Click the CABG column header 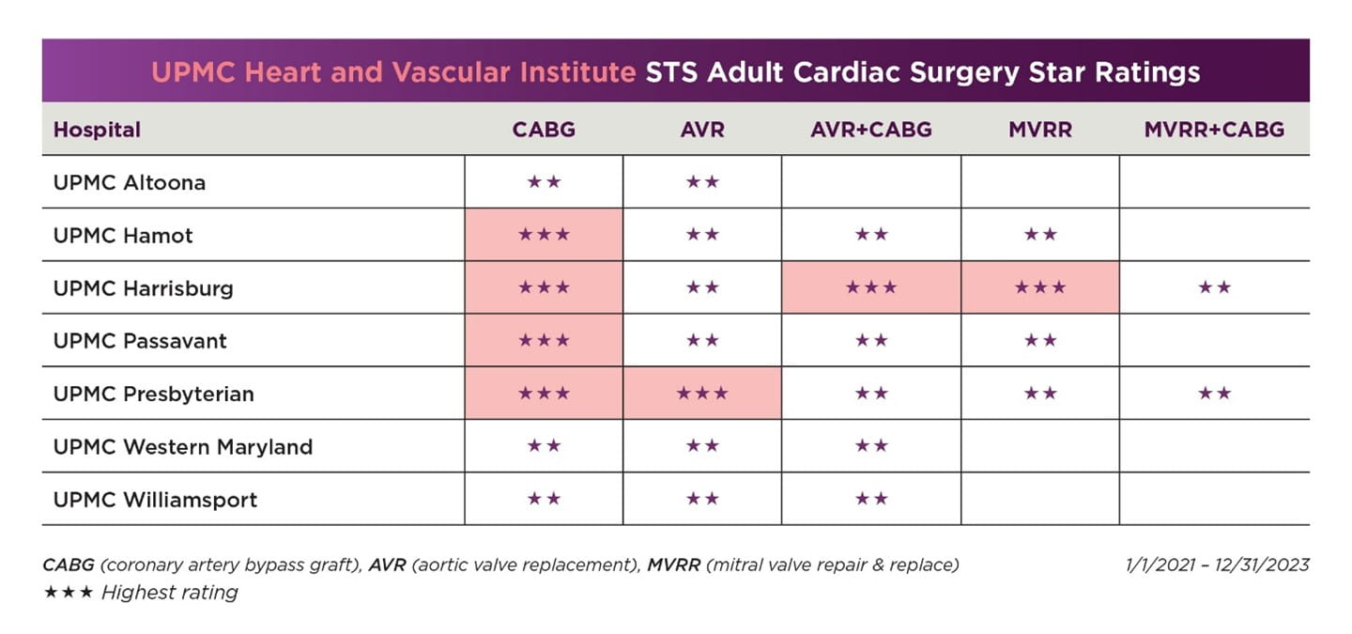(544, 130)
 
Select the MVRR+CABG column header (1213, 130)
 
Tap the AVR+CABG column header (870, 130)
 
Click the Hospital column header (97, 130)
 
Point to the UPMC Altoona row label (129, 182)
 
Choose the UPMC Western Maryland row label (182, 447)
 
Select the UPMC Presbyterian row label (153, 394)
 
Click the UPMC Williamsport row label (155, 500)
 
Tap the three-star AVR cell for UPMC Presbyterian (701, 394)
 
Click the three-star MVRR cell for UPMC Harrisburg (1039, 287)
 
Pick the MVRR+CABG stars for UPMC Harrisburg (1213, 287)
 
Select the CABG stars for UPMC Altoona (544, 182)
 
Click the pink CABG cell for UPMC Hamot (544, 235)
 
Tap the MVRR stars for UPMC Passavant (1039, 340)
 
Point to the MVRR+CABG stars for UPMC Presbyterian (1213, 394)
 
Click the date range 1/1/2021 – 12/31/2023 (1217, 564)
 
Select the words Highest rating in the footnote (169, 592)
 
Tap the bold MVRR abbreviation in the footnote (672, 564)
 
